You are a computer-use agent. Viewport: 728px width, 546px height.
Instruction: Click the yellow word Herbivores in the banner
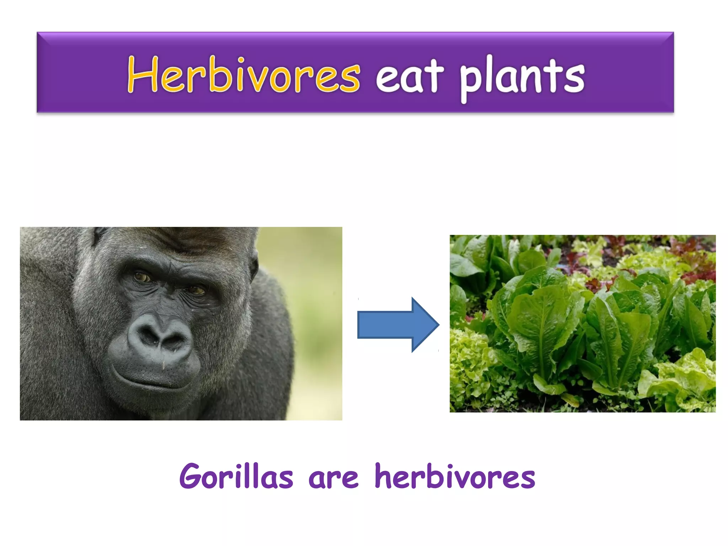[243, 75]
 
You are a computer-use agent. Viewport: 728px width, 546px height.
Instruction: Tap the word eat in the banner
[409, 76]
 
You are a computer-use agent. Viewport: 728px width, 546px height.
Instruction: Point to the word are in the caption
[333, 478]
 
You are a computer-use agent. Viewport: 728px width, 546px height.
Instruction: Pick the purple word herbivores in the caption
[455, 476]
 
